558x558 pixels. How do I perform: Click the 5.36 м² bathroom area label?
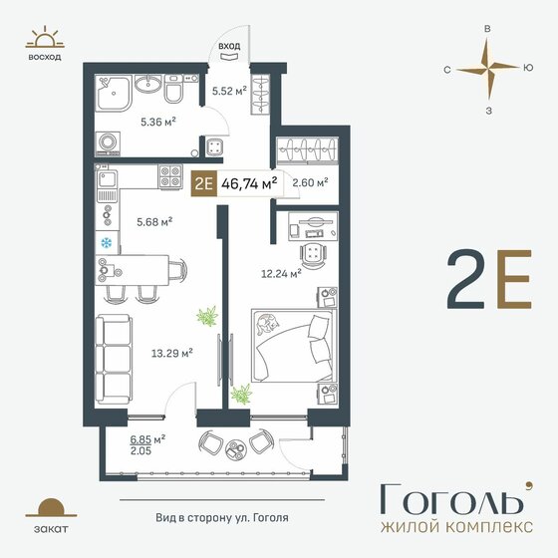pyautogui.click(x=158, y=122)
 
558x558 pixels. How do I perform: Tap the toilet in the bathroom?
pyautogui.click(x=174, y=89)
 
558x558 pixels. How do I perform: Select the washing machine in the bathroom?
pyautogui.click(x=108, y=142)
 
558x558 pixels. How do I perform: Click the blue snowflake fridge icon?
pyautogui.click(x=106, y=243)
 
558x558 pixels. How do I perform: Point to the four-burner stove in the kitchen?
pyautogui.click(x=170, y=177)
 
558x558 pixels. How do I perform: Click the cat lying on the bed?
pyautogui.click(x=266, y=324)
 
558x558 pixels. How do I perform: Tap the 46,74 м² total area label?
pyautogui.click(x=249, y=183)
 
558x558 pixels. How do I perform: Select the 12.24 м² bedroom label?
pyautogui.click(x=281, y=274)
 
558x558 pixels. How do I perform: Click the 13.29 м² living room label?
pyautogui.click(x=172, y=354)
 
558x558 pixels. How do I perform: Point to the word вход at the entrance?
pyautogui.click(x=229, y=46)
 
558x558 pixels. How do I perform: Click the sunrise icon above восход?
pyautogui.click(x=45, y=37)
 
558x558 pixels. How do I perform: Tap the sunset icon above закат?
pyautogui.click(x=51, y=507)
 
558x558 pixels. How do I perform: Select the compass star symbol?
pyautogui.click(x=487, y=67)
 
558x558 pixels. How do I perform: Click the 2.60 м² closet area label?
pyautogui.click(x=310, y=182)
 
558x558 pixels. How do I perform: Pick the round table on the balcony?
pyautogui.click(x=236, y=449)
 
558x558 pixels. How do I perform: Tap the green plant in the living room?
pyautogui.click(x=207, y=316)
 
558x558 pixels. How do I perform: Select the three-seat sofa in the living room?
pyautogui.click(x=114, y=359)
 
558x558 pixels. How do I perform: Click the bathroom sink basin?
pyautogui.click(x=148, y=85)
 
